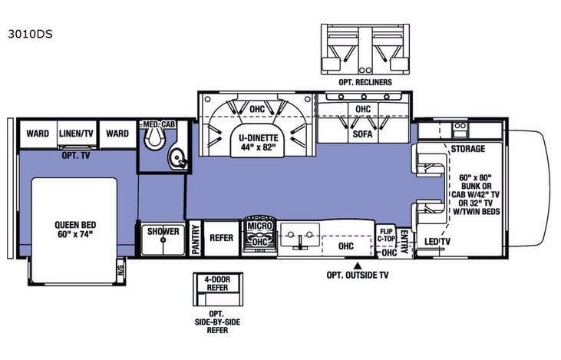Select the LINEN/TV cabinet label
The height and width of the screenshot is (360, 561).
(x=77, y=134)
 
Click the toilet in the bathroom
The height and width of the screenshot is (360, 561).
(x=154, y=137)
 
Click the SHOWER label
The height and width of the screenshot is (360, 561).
(x=163, y=232)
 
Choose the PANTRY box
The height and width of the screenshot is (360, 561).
(x=195, y=238)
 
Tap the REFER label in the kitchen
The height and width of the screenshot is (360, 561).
(x=221, y=238)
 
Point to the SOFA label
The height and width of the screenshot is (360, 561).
(x=363, y=133)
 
